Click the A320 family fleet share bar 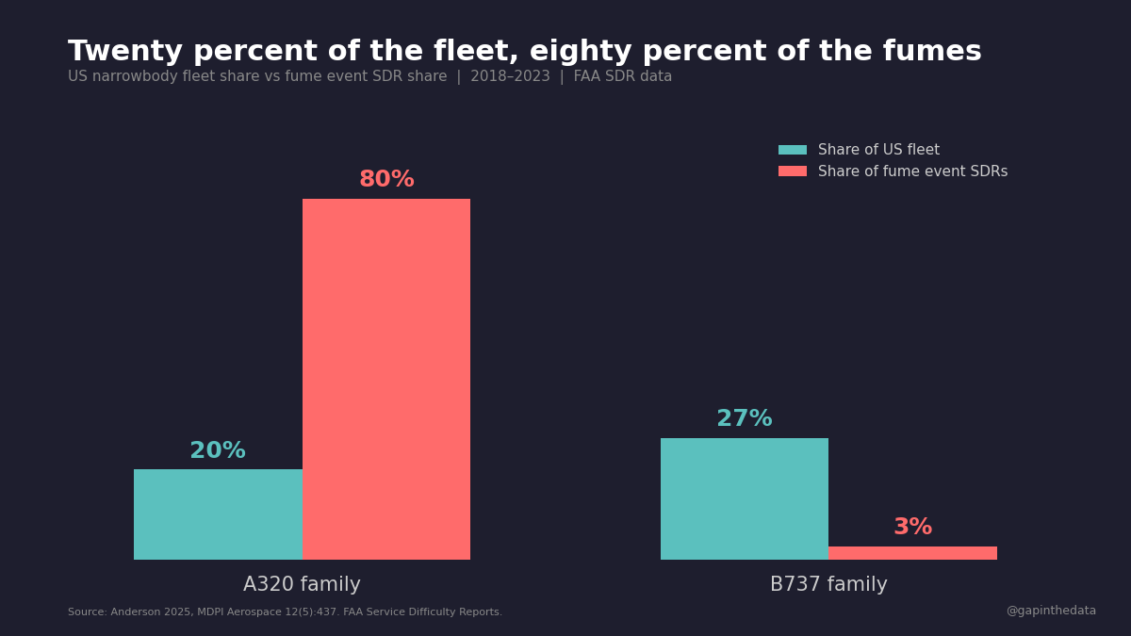tap(218, 514)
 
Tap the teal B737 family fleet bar tap(745, 498)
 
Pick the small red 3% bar tap(912, 553)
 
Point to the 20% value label tap(218, 451)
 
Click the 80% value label tap(386, 180)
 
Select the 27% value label tap(745, 419)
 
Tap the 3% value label tap(912, 528)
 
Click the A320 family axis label tap(302, 585)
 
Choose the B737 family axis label tap(828, 585)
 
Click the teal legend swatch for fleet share tap(793, 150)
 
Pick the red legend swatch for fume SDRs tap(793, 171)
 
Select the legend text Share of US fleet tap(878, 150)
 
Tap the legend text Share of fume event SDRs tap(912, 171)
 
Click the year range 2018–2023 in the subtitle tap(510, 76)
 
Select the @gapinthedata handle tap(1051, 611)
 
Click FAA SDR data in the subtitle tap(623, 76)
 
